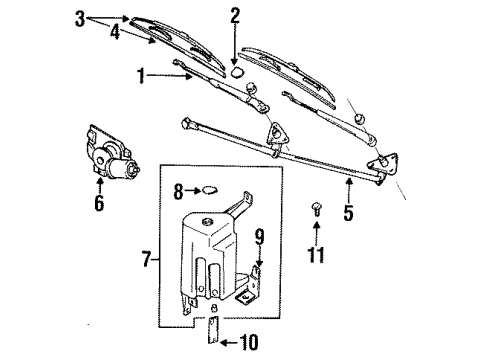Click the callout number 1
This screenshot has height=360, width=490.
[141, 76]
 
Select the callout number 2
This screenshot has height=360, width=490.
[235, 16]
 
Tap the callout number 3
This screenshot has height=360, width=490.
[80, 19]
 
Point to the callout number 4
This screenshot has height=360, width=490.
[115, 32]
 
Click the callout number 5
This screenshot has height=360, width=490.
[348, 212]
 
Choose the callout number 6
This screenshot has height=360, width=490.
[99, 202]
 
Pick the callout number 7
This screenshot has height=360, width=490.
[147, 259]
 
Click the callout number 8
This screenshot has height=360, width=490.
[178, 192]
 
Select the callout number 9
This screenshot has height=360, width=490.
[260, 236]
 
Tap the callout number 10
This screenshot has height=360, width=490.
[249, 342]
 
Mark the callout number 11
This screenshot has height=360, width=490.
[316, 255]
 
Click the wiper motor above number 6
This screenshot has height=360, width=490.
[111, 152]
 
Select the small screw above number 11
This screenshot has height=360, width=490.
[316, 209]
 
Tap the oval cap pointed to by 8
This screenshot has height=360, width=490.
[210, 191]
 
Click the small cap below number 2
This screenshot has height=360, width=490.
[237, 72]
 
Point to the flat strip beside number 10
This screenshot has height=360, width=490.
[213, 329]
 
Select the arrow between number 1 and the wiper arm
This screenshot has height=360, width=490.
[169, 76]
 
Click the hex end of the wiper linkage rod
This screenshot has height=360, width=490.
[186, 122]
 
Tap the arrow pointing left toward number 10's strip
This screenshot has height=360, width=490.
[229, 342]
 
